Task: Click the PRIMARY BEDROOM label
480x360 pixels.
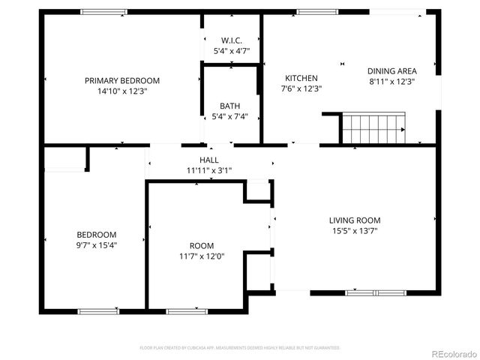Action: click(x=121, y=80)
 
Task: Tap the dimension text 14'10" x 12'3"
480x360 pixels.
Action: click(x=121, y=91)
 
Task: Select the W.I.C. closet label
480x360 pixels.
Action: click(x=231, y=40)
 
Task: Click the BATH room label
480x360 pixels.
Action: click(x=229, y=106)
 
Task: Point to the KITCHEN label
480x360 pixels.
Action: click(x=301, y=78)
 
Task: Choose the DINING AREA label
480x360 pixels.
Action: click(x=391, y=70)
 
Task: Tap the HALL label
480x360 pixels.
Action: click(x=209, y=160)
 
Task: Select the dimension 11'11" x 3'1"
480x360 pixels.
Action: click(x=209, y=171)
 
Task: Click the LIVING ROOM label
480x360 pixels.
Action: click(x=355, y=220)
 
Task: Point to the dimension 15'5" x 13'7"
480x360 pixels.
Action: click(x=355, y=231)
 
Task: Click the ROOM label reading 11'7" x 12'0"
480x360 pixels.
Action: click(x=202, y=246)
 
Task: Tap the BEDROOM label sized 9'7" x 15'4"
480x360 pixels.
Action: click(x=97, y=234)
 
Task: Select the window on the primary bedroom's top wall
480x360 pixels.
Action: click(x=103, y=11)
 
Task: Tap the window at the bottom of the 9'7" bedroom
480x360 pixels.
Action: click(x=98, y=310)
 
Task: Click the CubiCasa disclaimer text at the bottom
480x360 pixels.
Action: click(x=240, y=348)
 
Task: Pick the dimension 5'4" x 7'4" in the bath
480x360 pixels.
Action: click(x=229, y=116)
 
